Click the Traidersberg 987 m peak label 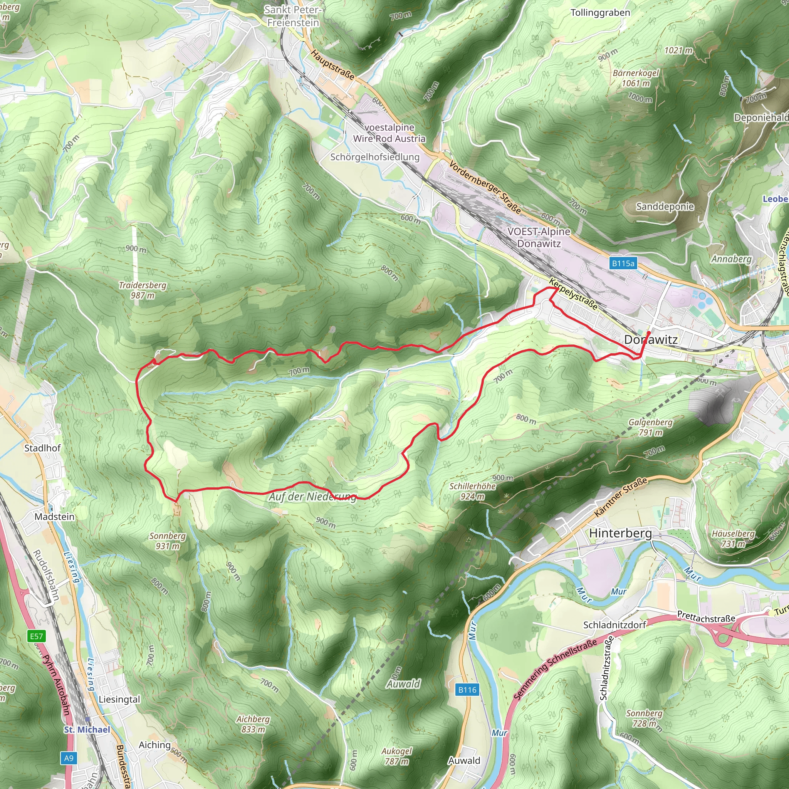143,290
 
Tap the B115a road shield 623,264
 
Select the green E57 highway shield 36,636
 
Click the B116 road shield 467,690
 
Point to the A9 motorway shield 69,758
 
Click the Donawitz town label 651,339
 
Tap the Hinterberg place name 620,533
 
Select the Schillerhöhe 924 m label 472,491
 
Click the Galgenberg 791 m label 651,427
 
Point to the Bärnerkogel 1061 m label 636,78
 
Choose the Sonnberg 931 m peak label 168,541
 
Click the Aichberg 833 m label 253,724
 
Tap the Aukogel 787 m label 396,756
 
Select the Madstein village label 54,517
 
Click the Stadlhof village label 42,448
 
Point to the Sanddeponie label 665,206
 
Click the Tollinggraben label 600,13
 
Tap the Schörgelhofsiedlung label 374,157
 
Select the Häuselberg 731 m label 733,539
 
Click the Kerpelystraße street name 573,294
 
